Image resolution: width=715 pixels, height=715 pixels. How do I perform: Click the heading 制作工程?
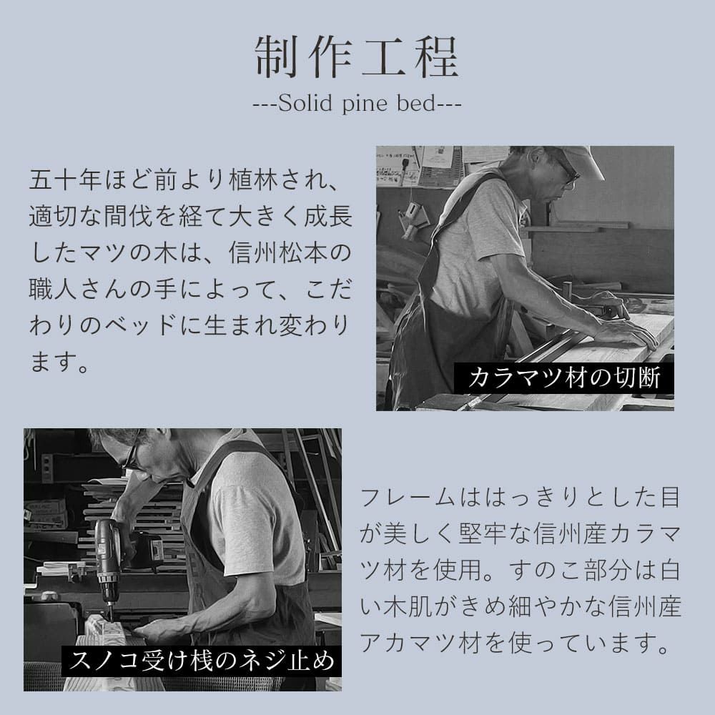357,56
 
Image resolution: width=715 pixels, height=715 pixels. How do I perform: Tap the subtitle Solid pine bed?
357,104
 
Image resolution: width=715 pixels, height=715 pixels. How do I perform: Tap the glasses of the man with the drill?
129,458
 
